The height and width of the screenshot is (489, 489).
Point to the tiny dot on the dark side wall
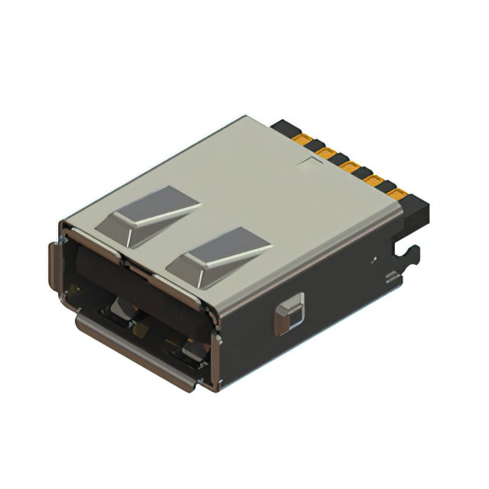point(374,260)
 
